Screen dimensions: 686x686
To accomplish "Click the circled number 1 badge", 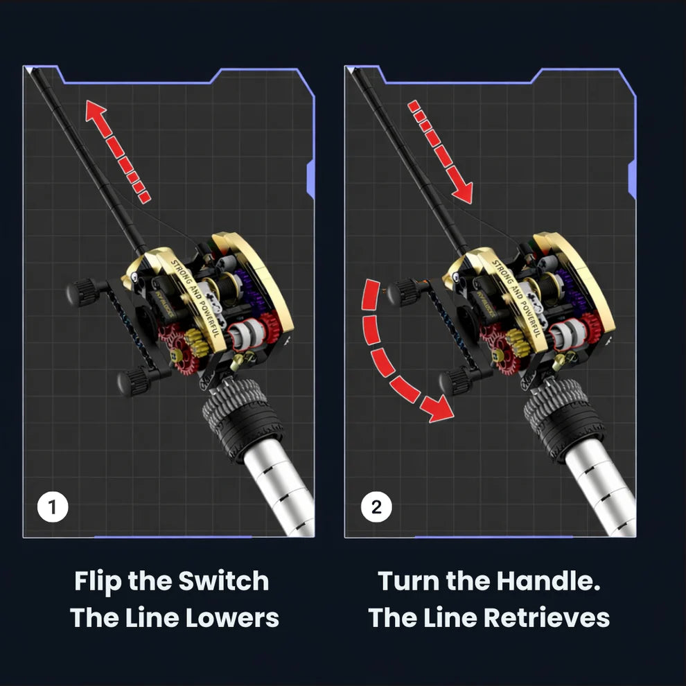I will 53,507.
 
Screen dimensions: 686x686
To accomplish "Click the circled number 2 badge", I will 376,507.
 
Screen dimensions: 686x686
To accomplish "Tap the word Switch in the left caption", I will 224,581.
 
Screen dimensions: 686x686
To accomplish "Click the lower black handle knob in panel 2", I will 454,380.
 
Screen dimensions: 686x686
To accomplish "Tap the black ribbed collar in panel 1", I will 243,419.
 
